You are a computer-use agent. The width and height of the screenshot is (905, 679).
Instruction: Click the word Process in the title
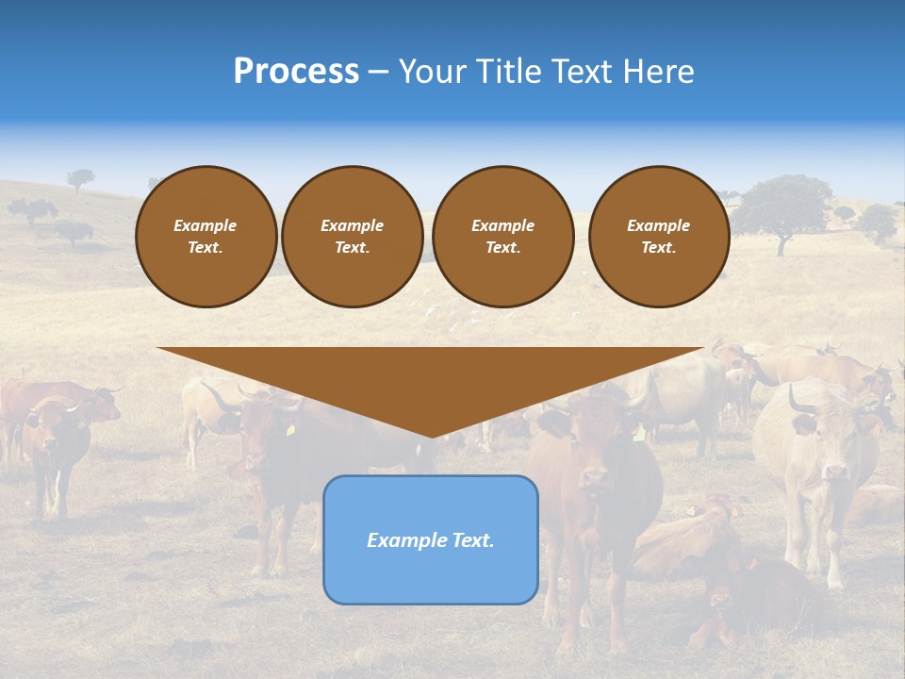tap(296, 72)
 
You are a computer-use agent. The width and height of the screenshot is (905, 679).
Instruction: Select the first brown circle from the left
tap(206, 236)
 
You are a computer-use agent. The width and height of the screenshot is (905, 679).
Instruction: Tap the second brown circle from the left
tap(352, 236)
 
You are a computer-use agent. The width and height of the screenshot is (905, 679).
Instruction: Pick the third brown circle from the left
tap(502, 236)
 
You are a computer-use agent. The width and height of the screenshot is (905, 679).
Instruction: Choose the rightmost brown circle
tap(658, 236)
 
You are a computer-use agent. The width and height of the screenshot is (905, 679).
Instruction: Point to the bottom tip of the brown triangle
tap(431, 436)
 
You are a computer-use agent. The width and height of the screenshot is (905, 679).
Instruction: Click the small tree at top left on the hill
tap(81, 177)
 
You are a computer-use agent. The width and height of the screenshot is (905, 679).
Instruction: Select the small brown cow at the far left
tap(52, 443)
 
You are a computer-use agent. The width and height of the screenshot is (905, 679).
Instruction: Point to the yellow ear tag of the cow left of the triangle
tap(290, 430)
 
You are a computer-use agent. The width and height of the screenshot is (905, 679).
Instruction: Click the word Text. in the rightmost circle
tap(658, 247)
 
